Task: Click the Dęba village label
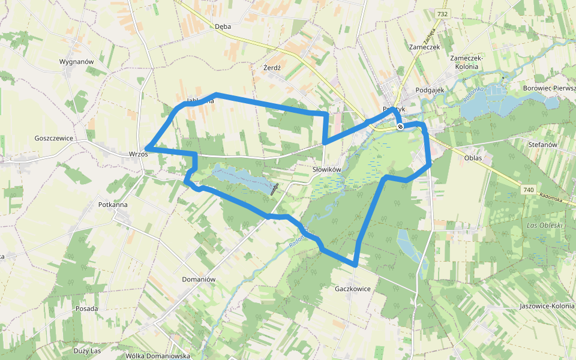coord(223,26)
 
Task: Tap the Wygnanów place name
coord(77,62)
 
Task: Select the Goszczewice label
coord(53,138)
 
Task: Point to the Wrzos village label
coord(138,154)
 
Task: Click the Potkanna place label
coord(113,205)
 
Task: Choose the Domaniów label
coord(199,280)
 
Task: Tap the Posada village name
coord(87,308)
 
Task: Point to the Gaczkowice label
coord(353,289)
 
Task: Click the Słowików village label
coord(326,170)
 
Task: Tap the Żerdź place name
coord(272,68)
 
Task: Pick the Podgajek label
coord(429,90)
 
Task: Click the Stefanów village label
coord(543,145)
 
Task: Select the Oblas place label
coord(473,158)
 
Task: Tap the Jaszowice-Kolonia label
coord(547,307)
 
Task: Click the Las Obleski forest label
coord(544,226)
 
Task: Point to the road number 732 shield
coord(443,14)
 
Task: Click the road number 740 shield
coord(528,190)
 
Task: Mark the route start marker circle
coord(400,127)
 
